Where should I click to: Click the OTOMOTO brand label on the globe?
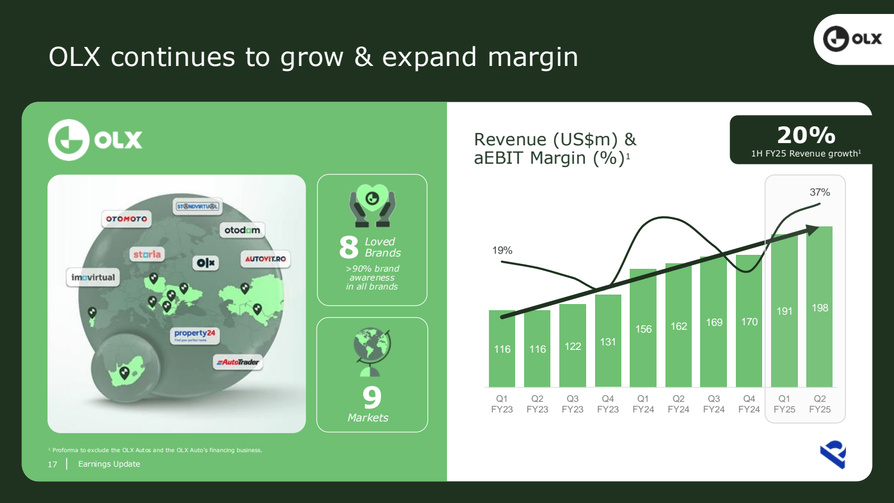tap(126, 219)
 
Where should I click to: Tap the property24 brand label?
tap(195, 335)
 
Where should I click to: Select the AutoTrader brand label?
tap(238, 362)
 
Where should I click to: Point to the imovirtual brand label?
tap(93, 277)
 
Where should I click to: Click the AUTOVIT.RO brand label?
tap(265, 259)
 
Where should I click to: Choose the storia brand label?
tap(147, 254)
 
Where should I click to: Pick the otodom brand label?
tap(242, 230)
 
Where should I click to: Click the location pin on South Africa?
tap(125, 373)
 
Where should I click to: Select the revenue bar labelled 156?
tap(643, 328)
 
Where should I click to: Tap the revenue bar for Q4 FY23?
tap(608, 340)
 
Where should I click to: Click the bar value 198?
tap(820, 308)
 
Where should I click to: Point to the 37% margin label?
tap(820, 192)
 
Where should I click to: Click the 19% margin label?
tap(502, 250)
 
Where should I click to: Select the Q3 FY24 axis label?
tap(714, 404)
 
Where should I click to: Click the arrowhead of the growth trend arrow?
tap(812, 230)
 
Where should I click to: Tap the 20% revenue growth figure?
tap(806, 135)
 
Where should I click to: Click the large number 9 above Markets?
tap(372, 397)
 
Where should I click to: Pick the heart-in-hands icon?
tap(372, 206)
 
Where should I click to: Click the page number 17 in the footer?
tap(53, 464)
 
